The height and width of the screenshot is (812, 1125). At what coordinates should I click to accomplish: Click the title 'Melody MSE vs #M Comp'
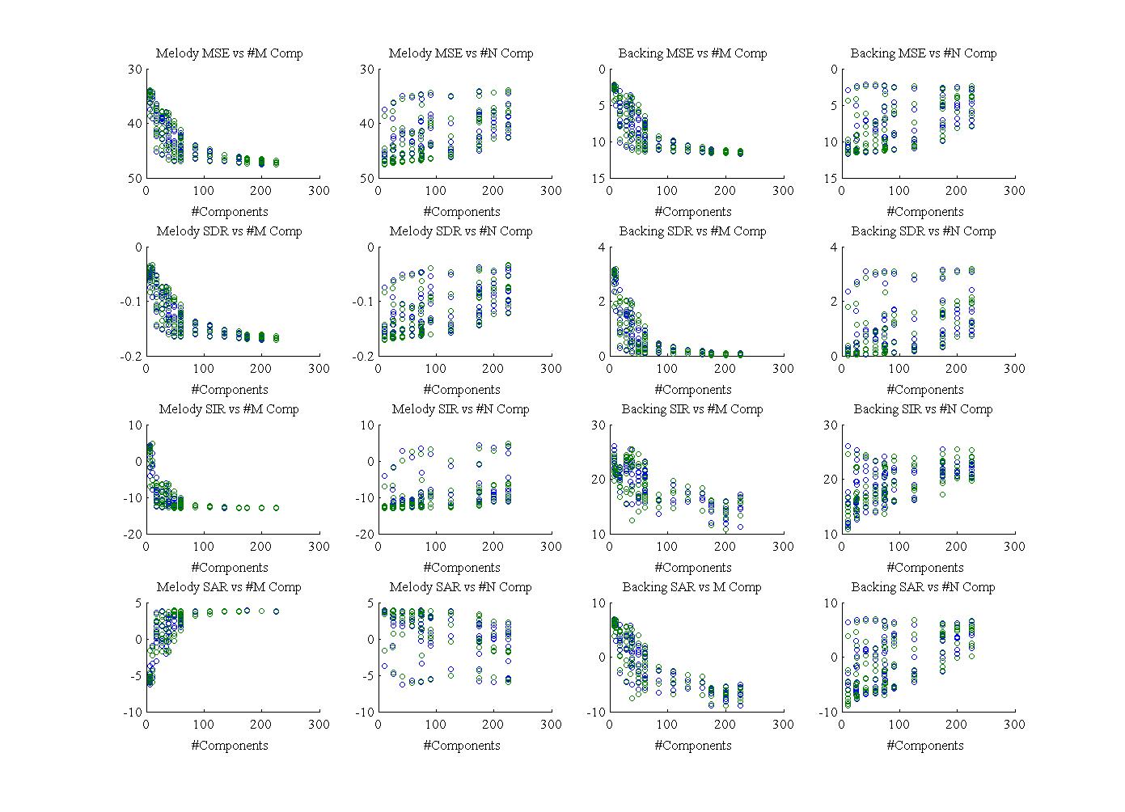coord(229,53)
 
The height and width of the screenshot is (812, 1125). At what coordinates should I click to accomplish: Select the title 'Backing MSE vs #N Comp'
coord(924,53)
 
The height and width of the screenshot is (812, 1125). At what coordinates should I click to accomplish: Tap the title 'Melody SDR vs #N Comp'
coord(461,231)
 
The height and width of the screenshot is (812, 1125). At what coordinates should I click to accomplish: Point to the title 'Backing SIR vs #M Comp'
coord(692,409)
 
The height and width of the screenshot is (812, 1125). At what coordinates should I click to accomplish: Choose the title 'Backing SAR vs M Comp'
coord(692,587)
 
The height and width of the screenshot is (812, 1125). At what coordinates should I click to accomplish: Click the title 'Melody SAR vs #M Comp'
coord(229,587)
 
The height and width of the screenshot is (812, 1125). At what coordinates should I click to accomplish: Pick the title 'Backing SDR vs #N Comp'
coord(924,231)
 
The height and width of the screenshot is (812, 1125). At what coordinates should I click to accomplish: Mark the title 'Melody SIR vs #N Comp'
coord(461,409)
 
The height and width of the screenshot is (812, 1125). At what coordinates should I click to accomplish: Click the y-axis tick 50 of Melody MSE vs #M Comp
coord(134,178)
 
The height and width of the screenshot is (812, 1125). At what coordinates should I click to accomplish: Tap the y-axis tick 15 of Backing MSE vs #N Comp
coord(831,178)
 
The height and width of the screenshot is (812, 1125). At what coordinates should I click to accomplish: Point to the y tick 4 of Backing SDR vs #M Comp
coord(602,247)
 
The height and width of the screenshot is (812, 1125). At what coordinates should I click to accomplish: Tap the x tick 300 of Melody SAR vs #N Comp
coord(551,725)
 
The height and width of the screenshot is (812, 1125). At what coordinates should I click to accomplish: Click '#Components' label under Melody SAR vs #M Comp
coord(229,746)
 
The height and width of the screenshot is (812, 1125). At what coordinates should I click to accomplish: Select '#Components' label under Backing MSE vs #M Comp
coord(692,212)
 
